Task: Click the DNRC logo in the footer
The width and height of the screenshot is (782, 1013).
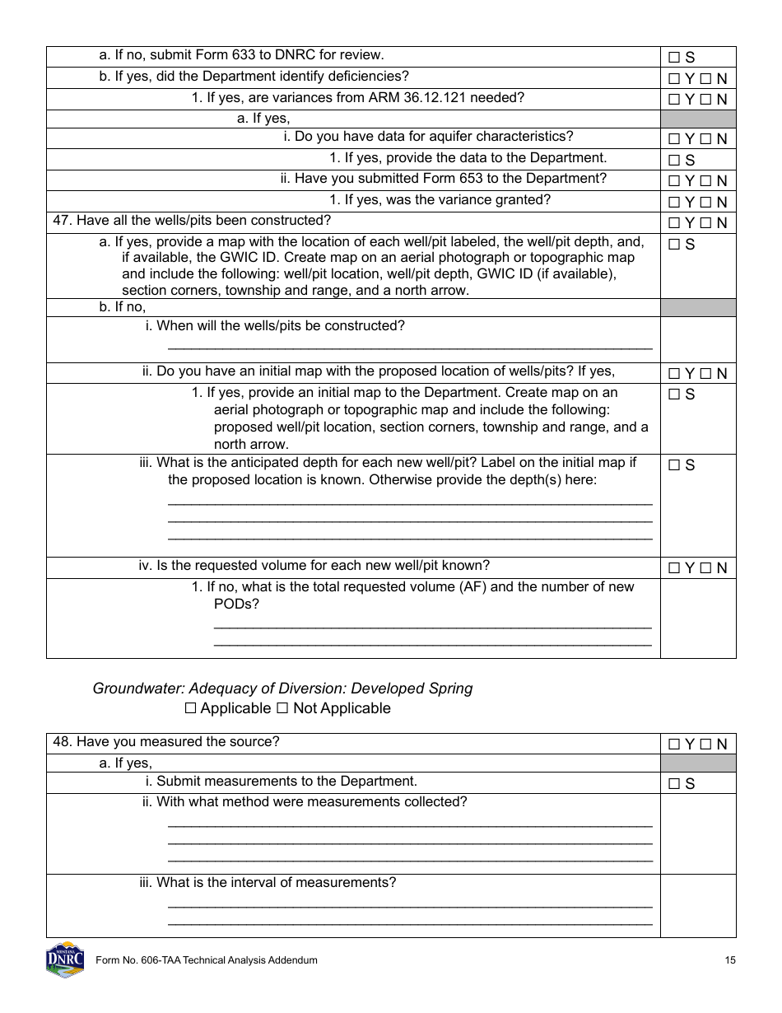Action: pyautogui.click(x=65, y=959)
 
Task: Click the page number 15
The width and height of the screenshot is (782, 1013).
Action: pyautogui.click(x=730, y=960)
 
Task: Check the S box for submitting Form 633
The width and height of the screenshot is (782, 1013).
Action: pyautogui.click(x=673, y=58)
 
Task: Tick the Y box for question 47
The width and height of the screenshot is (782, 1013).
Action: pyautogui.click(x=673, y=223)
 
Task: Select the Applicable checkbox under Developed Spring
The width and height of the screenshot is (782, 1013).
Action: pyautogui.click(x=191, y=708)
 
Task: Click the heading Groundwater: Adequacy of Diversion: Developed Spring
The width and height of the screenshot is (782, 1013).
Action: pyautogui.click(x=282, y=689)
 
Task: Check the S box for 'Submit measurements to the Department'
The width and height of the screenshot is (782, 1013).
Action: pyautogui.click(x=673, y=784)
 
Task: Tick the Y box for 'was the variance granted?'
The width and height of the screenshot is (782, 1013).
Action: pyautogui.click(x=673, y=203)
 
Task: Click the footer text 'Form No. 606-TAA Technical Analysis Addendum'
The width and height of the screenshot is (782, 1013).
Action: pyautogui.click(x=207, y=960)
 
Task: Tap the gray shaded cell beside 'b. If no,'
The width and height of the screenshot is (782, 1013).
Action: pyautogui.click(x=697, y=307)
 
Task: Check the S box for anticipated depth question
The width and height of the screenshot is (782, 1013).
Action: pyautogui.click(x=673, y=465)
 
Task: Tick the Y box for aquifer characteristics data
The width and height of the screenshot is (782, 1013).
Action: pyautogui.click(x=673, y=139)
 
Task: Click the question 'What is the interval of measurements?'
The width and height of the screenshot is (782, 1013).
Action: pyautogui.click(x=276, y=883)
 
